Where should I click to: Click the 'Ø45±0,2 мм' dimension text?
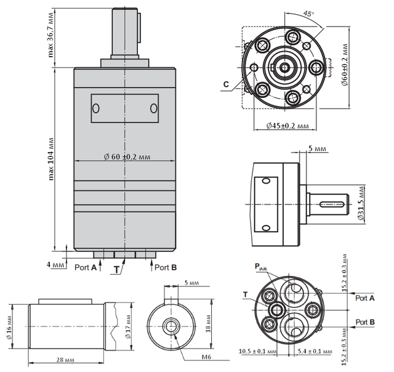point(287,126)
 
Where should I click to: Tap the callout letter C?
point(227,84)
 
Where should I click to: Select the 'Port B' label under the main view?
point(166,267)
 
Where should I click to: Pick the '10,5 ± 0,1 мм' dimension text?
point(258,352)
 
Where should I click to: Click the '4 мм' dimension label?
point(57,265)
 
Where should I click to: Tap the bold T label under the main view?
point(117,269)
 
